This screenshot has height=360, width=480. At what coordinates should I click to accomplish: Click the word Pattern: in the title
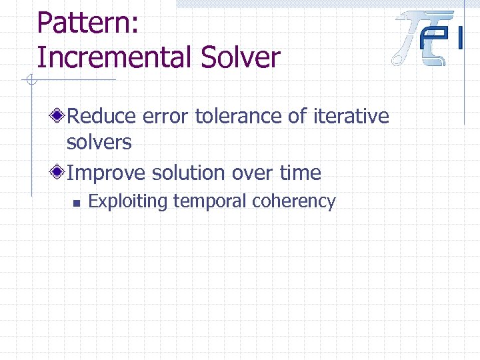pyautogui.click(x=87, y=23)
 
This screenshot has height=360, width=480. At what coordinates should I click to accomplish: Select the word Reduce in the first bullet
pyautogui.click(x=103, y=117)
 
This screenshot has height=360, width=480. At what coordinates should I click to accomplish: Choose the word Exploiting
pyautogui.click(x=129, y=201)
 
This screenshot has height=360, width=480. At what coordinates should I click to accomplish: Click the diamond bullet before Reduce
pyautogui.click(x=59, y=117)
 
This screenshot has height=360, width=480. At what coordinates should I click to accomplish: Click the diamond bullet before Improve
pyautogui.click(x=59, y=173)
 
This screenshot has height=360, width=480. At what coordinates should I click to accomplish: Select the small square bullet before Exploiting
pyautogui.click(x=77, y=202)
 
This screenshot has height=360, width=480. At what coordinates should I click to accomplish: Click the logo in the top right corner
pyautogui.click(x=429, y=38)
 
